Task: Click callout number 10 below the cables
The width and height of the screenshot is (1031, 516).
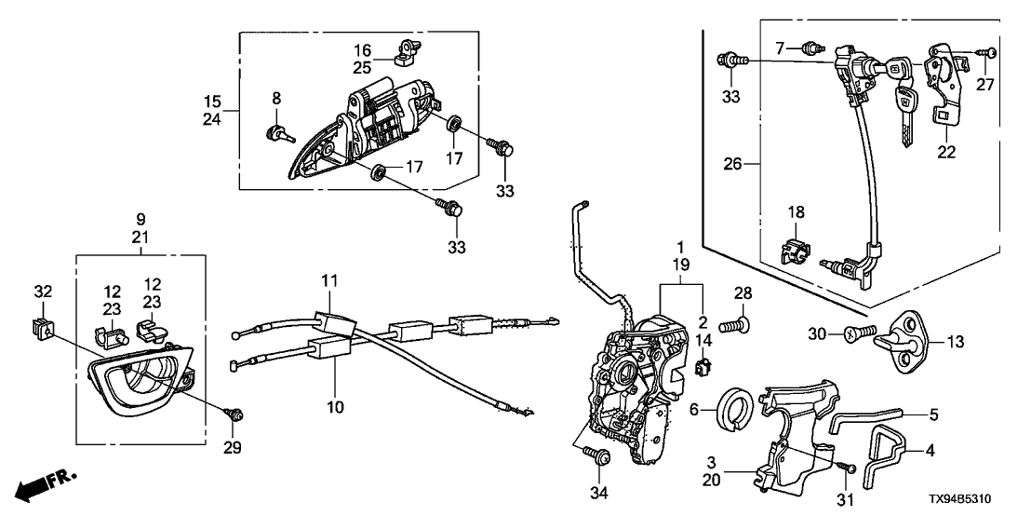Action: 334,407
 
